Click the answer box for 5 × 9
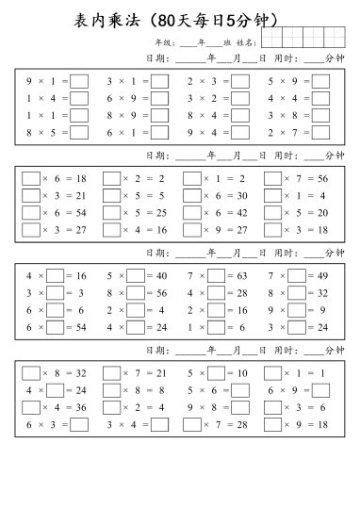(x=320, y=82)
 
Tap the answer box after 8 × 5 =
(x=79, y=133)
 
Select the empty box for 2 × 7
(x=320, y=133)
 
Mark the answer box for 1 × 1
(x=79, y=116)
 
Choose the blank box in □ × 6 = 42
(x=192, y=212)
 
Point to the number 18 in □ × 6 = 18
(x=81, y=178)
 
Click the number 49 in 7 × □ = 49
(x=321, y=275)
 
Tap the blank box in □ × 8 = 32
(x=31, y=372)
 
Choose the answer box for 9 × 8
(x=240, y=406)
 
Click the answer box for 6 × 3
(x=79, y=423)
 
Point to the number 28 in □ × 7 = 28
(x=241, y=423)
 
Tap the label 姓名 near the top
(x=246, y=42)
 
